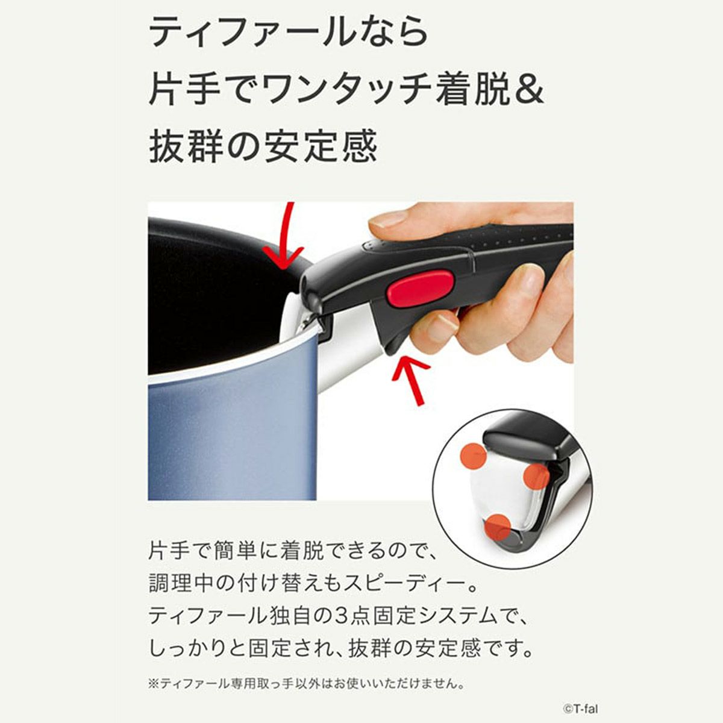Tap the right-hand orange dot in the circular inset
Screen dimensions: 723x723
click(x=536, y=477)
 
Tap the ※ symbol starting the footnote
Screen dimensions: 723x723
click(x=152, y=684)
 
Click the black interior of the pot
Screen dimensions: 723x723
click(x=211, y=301)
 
